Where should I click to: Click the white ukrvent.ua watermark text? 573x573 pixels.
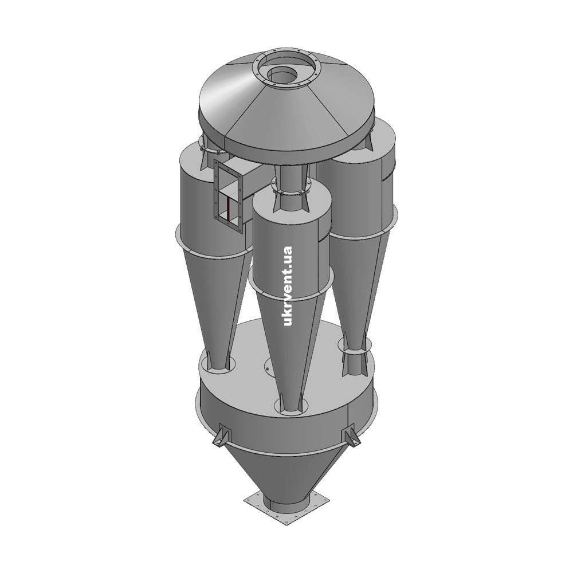coord(288,286)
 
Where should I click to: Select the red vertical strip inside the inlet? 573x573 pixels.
coord(227,209)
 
